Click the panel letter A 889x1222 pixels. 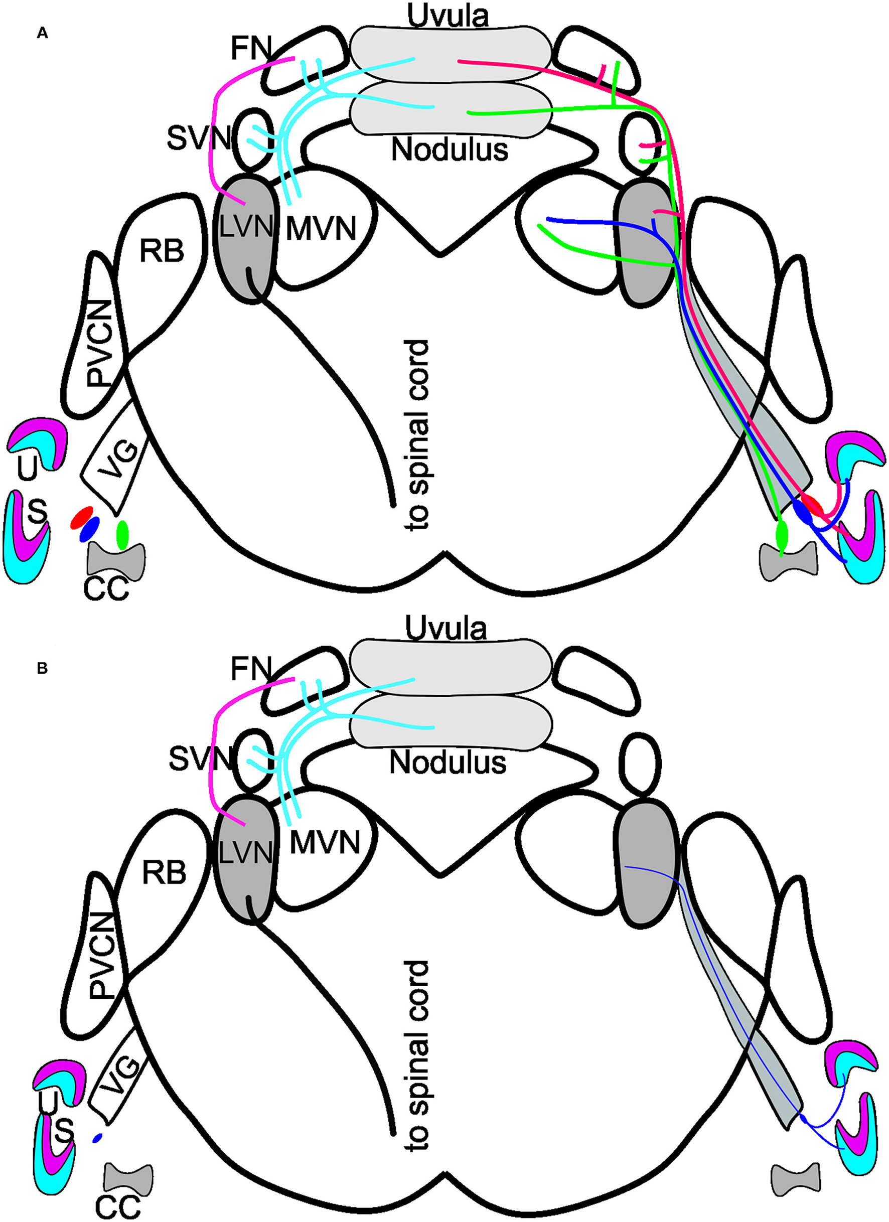(x=43, y=34)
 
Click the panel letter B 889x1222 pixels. (x=42, y=669)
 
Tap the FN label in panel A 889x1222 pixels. (x=251, y=50)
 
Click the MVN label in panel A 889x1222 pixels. (x=322, y=229)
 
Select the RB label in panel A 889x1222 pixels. (x=162, y=250)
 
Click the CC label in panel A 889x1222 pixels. (x=107, y=588)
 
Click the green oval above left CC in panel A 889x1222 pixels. (x=123, y=534)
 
